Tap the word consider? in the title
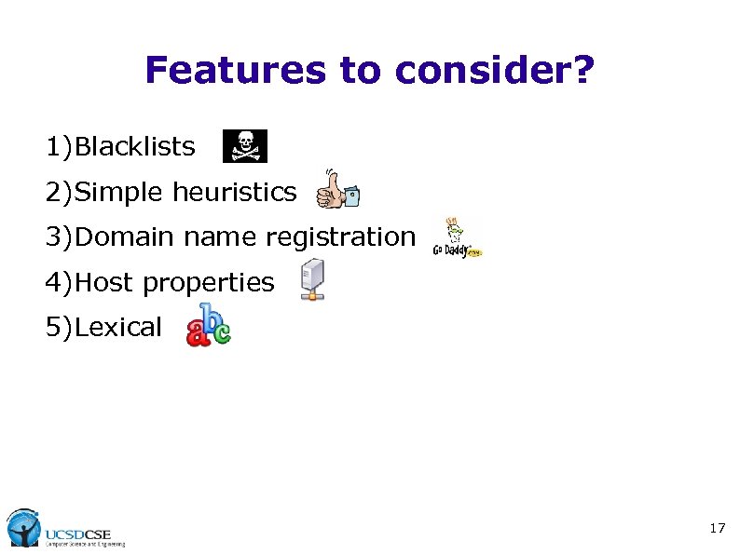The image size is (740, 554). [x=494, y=70]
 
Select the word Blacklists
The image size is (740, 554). [x=135, y=147]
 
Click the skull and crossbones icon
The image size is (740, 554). [x=244, y=146]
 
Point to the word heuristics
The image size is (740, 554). [x=234, y=193]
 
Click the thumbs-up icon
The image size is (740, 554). [x=336, y=190]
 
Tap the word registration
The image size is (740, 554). [x=340, y=237]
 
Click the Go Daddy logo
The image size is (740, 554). [x=457, y=238]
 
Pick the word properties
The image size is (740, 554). [x=209, y=283]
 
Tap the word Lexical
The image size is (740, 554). [x=118, y=328]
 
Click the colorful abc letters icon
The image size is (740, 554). [x=209, y=325]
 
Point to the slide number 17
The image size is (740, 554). [x=717, y=529]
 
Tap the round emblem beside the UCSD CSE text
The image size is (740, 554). [x=22, y=527]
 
